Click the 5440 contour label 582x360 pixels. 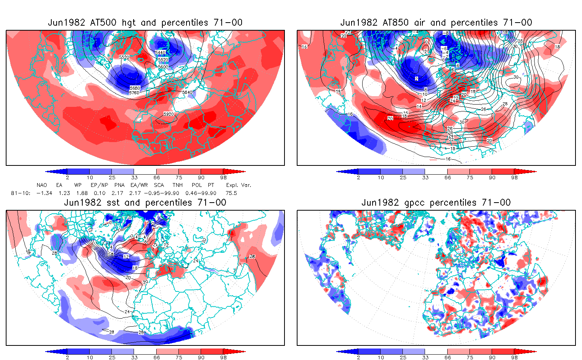(x=160, y=52)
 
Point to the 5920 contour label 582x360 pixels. (x=168, y=114)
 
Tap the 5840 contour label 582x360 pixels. (x=187, y=92)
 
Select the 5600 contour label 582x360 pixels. (x=163, y=67)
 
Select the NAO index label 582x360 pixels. (x=42, y=185)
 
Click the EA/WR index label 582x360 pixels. (x=139, y=185)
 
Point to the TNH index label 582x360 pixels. (x=177, y=185)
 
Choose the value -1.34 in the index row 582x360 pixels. (x=44, y=193)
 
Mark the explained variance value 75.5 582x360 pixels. (x=231, y=193)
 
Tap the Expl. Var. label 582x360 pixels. (x=239, y=185)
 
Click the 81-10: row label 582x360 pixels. (x=21, y=193)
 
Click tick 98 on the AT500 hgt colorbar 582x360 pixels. (x=223, y=177)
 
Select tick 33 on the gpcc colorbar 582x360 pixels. (x=425, y=357)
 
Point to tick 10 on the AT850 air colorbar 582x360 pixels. (x=381, y=177)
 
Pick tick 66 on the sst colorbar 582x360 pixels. (x=157, y=357)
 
